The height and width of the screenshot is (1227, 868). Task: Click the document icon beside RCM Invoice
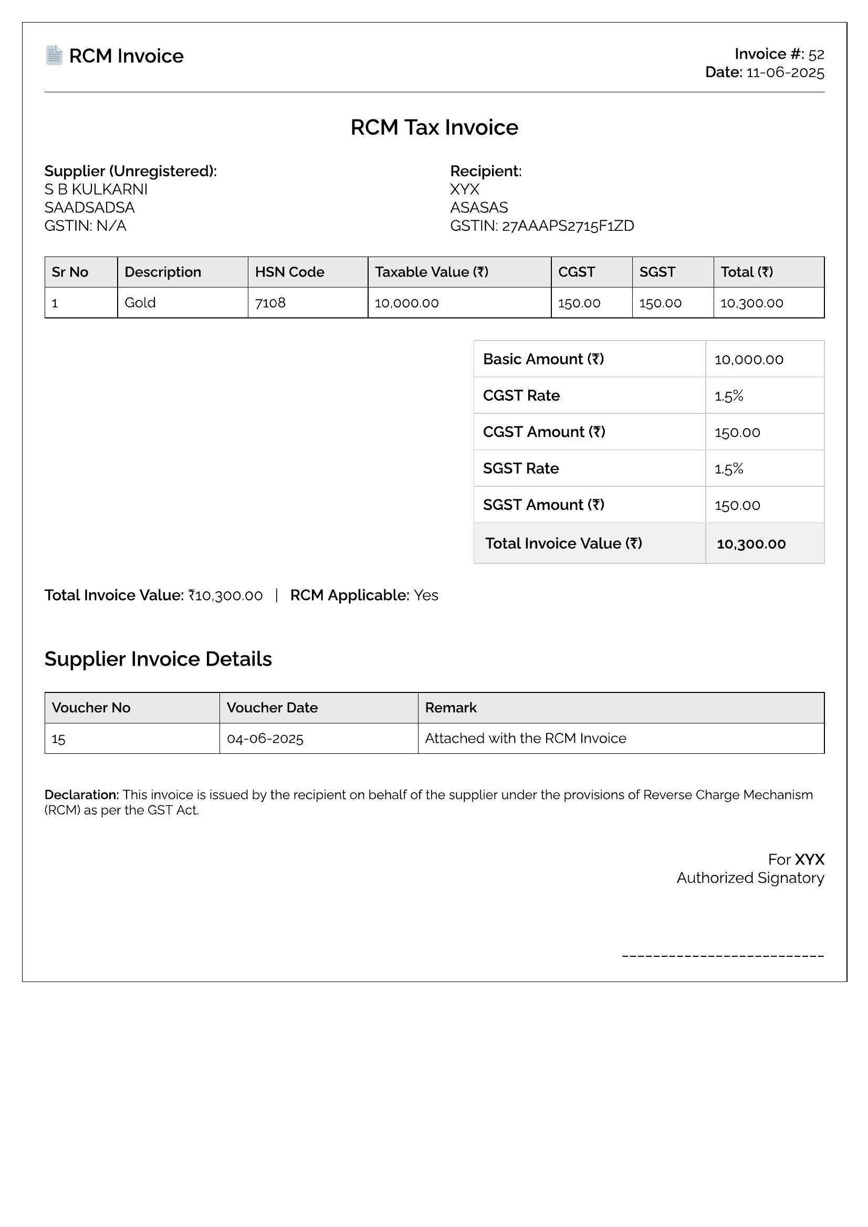(x=54, y=55)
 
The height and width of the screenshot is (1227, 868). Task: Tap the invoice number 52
(x=815, y=55)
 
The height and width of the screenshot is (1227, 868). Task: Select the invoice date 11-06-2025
(x=785, y=73)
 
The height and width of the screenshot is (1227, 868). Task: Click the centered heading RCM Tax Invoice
(x=434, y=127)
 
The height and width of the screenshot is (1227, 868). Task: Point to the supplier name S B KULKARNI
(x=96, y=190)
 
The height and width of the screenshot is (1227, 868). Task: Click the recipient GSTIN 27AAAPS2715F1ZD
(x=568, y=226)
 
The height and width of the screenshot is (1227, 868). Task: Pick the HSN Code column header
(x=289, y=272)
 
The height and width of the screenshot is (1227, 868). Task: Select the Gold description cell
(x=140, y=303)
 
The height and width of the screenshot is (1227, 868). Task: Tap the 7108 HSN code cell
(x=270, y=303)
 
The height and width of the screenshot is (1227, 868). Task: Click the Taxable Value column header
(x=431, y=272)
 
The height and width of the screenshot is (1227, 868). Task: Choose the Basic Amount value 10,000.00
(x=749, y=360)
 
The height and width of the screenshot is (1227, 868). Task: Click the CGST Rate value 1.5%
(x=729, y=396)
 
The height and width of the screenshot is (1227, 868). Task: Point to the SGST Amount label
(x=543, y=505)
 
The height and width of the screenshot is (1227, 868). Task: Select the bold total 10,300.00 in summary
(x=751, y=544)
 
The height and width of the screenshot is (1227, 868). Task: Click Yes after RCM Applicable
(x=426, y=595)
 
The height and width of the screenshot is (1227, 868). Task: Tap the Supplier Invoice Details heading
(x=158, y=659)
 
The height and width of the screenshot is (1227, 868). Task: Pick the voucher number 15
(x=58, y=739)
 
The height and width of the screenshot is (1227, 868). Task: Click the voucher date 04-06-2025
(x=265, y=739)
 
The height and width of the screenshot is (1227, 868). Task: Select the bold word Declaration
(x=81, y=795)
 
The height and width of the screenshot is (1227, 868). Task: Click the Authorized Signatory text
(x=750, y=878)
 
